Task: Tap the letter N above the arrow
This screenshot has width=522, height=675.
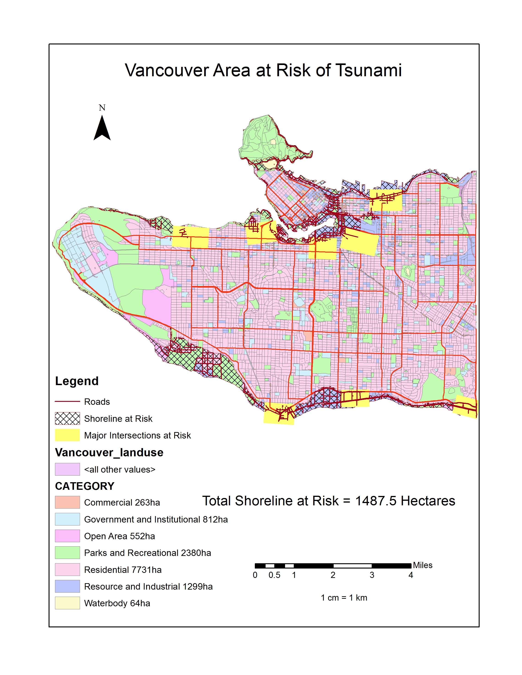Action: click(102, 108)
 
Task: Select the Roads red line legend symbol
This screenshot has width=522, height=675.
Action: click(67, 401)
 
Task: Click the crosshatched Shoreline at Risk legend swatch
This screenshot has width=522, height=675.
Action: click(67, 419)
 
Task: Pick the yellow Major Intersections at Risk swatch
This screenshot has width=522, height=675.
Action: click(67, 435)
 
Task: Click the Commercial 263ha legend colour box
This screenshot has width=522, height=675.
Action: click(67, 502)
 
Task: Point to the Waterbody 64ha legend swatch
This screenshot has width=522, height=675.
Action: click(67, 603)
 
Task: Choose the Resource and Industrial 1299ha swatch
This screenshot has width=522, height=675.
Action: click(67, 586)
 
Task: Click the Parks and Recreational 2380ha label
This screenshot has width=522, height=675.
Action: click(148, 553)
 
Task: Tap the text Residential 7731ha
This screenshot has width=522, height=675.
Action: click(123, 570)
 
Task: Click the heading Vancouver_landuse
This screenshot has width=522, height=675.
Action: click(109, 452)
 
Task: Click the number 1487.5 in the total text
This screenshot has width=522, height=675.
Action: click(375, 501)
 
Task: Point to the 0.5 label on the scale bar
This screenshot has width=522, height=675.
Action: click(274, 575)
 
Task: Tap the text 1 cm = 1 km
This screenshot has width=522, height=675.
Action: click(344, 598)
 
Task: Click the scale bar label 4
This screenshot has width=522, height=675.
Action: click(411, 575)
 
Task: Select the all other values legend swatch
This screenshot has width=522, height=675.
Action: click(67, 469)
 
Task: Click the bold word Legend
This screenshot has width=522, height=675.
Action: click(77, 381)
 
